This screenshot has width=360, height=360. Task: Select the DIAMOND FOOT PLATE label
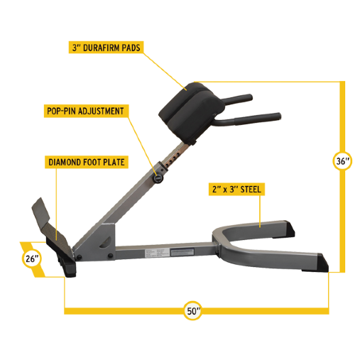87,163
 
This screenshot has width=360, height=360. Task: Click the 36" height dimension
342,162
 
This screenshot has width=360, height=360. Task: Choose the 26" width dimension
32,258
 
